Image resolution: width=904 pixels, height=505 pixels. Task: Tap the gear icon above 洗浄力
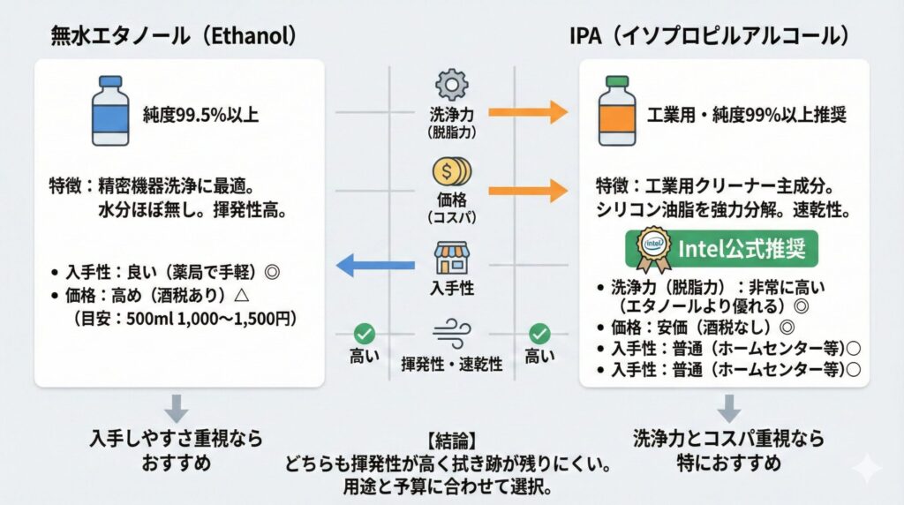[451, 87]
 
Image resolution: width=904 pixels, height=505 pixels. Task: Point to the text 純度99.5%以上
[201, 114]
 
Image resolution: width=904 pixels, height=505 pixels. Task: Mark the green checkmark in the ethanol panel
[364, 334]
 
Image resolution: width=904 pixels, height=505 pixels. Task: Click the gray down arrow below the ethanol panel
[177, 408]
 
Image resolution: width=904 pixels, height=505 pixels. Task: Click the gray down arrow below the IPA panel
[728, 408]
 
